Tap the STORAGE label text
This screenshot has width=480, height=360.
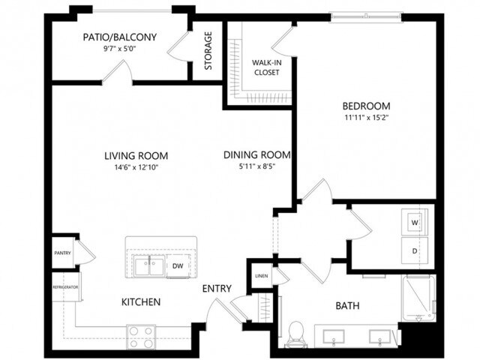[208, 50]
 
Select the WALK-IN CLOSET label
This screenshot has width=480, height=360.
[265, 67]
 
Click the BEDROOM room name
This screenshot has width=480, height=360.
[367, 106]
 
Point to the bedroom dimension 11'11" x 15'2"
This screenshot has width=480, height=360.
[367, 118]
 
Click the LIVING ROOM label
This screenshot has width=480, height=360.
[136, 156]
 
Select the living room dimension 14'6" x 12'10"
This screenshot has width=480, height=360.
[136, 167]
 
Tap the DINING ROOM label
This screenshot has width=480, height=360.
[257, 155]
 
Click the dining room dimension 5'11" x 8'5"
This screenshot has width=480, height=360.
[257, 166]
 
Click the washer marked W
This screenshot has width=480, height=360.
[414, 222]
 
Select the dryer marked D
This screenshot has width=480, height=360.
[414, 250]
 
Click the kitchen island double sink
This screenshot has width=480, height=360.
[148, 265]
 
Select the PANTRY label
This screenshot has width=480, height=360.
[62, 253]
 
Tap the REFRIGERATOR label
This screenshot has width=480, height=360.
[65, 287]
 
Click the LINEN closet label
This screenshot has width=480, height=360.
[260, 275]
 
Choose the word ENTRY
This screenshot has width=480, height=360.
[216, 289]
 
